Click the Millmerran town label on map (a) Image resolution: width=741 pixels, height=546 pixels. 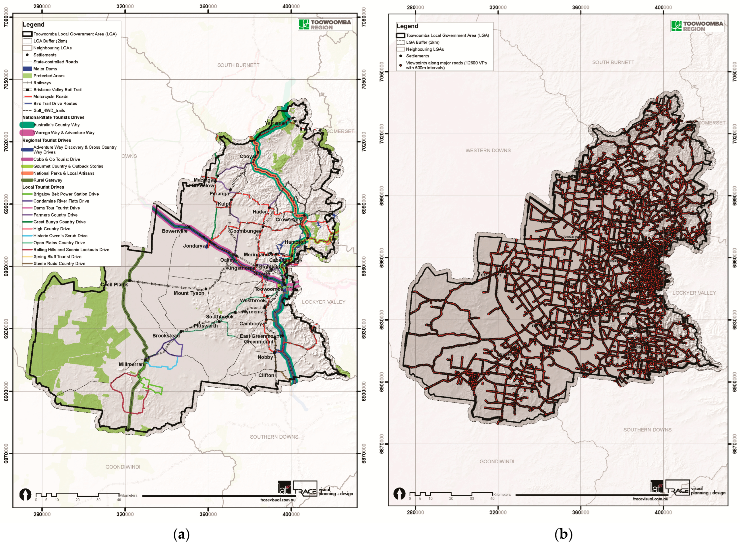pyautogui.click(x=131, y=364)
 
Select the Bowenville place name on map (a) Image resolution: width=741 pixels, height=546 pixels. pyautogui.click(x=175, y=231)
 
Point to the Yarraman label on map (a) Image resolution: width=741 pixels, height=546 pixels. pyautogui.click(x=276, y=123)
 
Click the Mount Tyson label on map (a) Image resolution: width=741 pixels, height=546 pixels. pyautogui.click(x=189, y=293)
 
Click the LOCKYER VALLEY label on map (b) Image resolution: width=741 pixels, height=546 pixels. pyautogui.click(x=694, y=293)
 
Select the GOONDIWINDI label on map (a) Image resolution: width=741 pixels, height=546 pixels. pyautogui.click(x=123, y=467)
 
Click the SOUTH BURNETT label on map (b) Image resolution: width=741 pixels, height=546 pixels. pyautogui.click(x=613, y=62)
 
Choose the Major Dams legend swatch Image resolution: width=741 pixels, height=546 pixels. pyautogui.click(x=27, y=69)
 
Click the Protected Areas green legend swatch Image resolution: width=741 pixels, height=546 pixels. pyautogui.click(x=27, y=76)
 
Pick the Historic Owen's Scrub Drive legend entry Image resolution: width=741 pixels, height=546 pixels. pyautogui.click(x=60, y=236)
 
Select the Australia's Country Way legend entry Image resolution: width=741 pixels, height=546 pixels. pyautogui.click(x=56, y=125)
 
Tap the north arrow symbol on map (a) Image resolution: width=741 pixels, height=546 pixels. pyautogui.click(x=25, y=495)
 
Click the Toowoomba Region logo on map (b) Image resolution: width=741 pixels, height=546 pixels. pyautogui.click(x=697, y=26)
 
